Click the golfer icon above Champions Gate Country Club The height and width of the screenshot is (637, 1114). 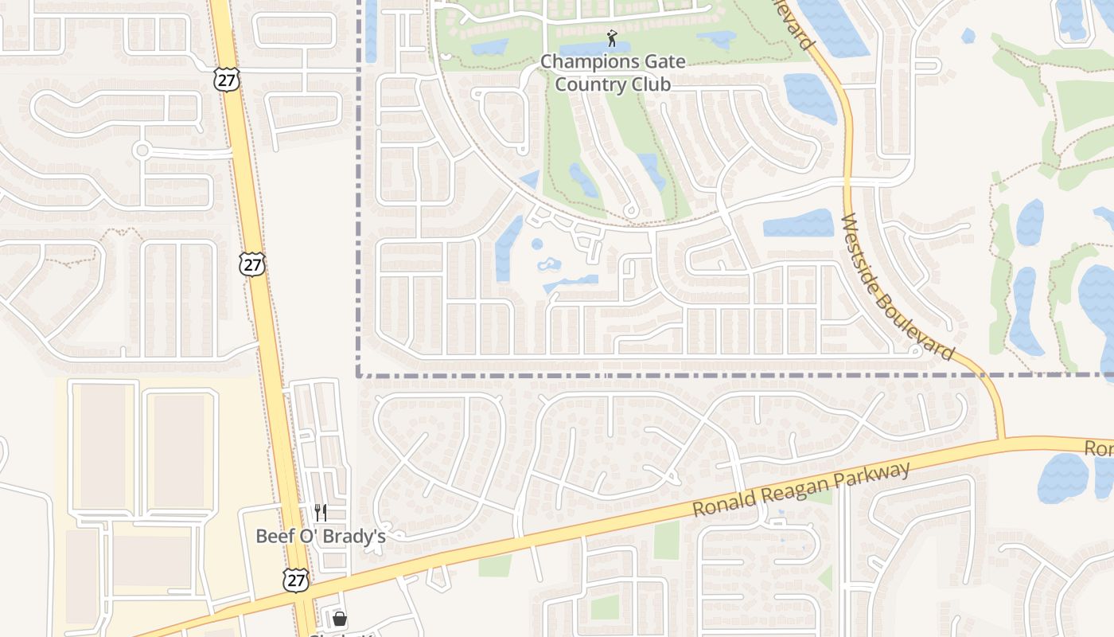pos(611,37)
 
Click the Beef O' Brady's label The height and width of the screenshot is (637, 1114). pos(321,536)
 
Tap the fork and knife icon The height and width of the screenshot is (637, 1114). pos(321,512)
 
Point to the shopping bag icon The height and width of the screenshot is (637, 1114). pos(340,619)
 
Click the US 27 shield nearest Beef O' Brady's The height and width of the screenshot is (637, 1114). pos(296,580)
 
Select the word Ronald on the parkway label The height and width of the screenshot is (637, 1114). pos(721,502)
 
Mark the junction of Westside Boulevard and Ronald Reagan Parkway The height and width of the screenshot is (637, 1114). pos(1000,439)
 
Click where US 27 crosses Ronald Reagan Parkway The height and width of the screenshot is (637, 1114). pos(305,600)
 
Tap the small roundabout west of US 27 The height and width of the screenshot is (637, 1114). pos(142,150)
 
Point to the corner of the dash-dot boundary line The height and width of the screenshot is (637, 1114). pos(360,374)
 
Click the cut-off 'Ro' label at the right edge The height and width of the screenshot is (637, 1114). pos(1099,449)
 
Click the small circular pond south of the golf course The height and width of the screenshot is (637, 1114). pos(537,244)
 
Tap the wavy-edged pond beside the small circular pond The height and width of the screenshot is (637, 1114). pos(550,264)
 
